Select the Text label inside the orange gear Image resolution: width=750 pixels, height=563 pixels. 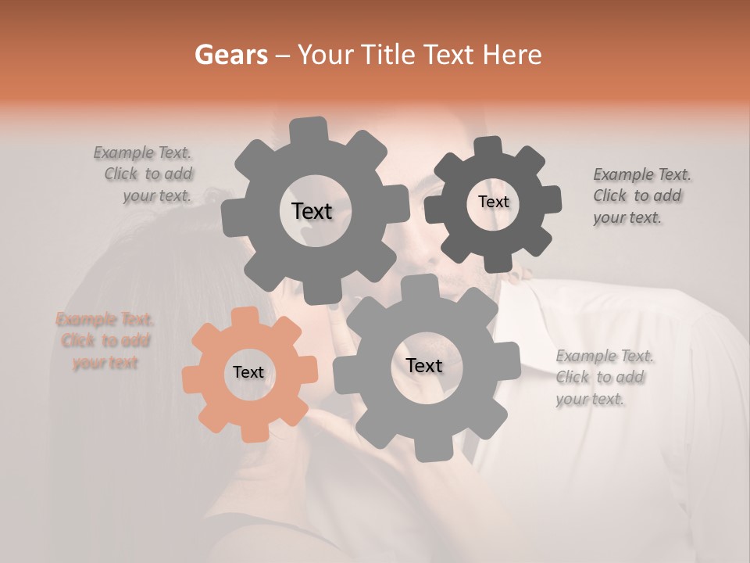click(x=248, y=373)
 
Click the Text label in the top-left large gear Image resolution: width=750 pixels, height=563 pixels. click(x=312, y=211)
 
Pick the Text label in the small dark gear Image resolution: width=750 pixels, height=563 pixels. click(x=493, y=202)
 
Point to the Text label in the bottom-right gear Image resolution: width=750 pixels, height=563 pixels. click(x=424, y=365)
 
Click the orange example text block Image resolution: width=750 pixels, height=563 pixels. click(x=105, y=341)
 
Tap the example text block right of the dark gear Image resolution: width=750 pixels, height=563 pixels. click(x=641, y=195)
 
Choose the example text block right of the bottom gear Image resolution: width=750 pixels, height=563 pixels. click(x=605, y=378)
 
